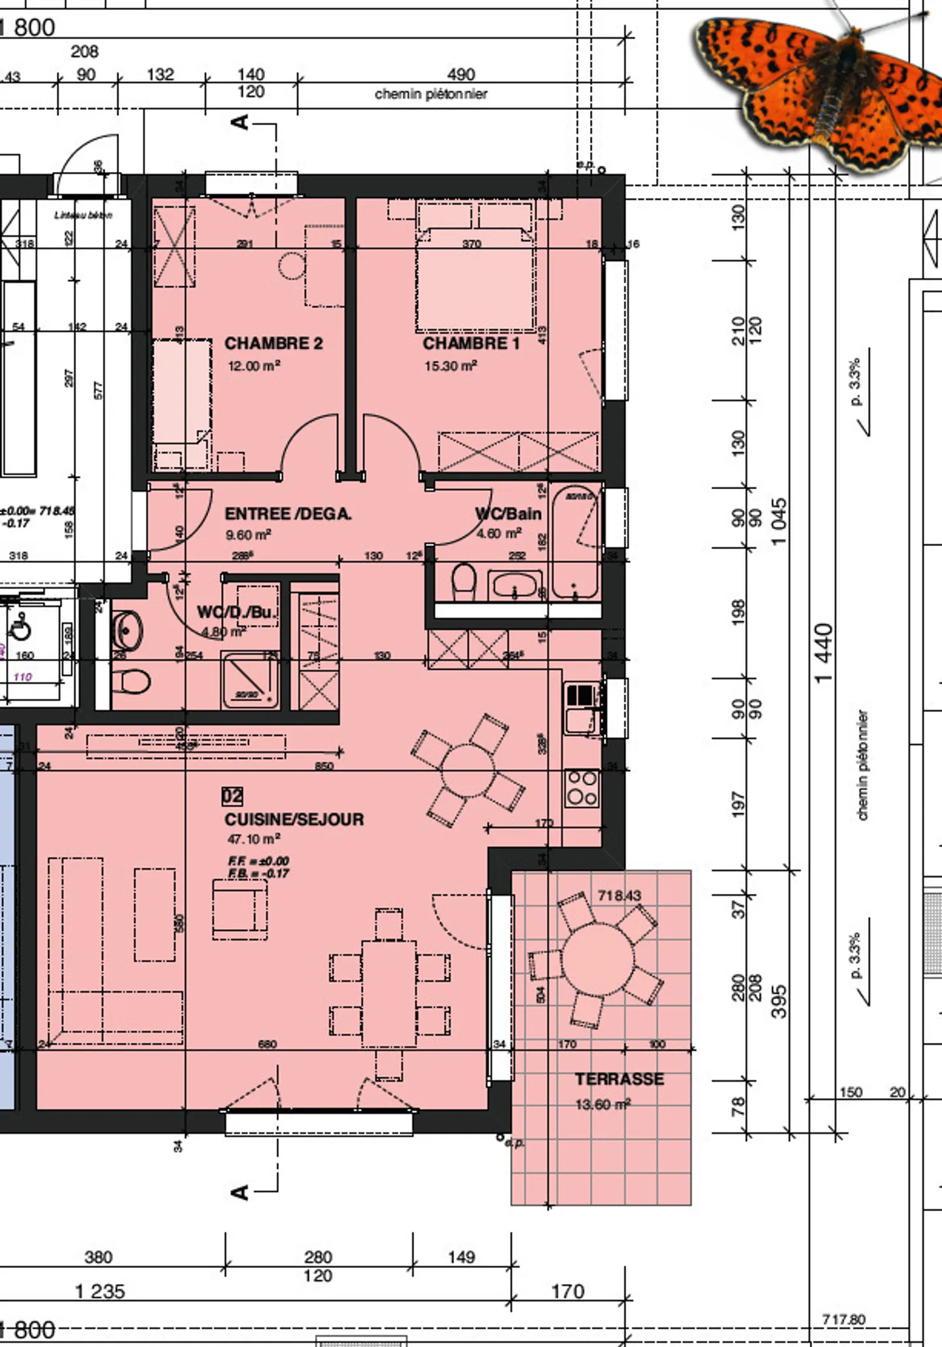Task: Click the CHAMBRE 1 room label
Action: pos(471,343)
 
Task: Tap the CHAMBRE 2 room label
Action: pos(273,343)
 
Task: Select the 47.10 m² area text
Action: pos(254,839)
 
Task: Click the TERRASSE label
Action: pos(619,1080)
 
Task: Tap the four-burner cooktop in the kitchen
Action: pos(582,788)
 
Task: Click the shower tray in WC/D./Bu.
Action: pos(251,681)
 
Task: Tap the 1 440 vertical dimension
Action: pos(824,653)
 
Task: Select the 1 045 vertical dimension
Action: pos(778,522)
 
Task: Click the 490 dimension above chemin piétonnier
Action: pos(461,75)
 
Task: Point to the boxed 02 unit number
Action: pos(232,796)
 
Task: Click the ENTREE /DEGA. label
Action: pos(288,514)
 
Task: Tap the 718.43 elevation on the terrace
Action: pos(619,895)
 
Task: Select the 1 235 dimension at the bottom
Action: pos(99,1291)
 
